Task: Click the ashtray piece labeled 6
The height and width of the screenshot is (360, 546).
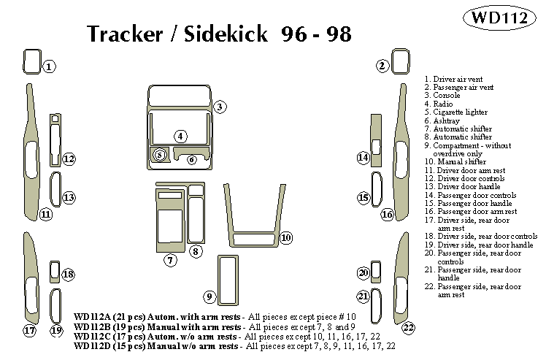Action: (x=192, y=159)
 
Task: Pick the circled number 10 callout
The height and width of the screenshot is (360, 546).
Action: (x=285, y=237)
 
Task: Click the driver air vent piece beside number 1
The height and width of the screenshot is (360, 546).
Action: (x=30, y=63)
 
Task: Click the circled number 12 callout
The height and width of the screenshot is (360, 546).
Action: (x=68, y=159)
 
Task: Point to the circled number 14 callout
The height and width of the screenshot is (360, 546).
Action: (x=363, y=158)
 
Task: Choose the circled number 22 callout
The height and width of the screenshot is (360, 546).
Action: (x=408, y=327)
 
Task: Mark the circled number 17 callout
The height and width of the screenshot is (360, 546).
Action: (x=29, y=331)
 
